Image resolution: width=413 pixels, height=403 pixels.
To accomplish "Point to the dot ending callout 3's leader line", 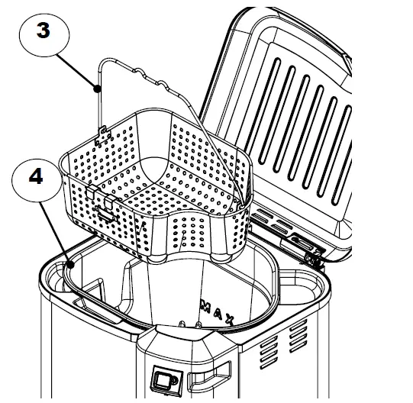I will click(97, 89).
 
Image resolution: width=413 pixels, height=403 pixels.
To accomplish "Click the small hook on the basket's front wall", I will click(106, 214).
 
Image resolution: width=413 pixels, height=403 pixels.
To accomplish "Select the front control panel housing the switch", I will click(183, 366).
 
